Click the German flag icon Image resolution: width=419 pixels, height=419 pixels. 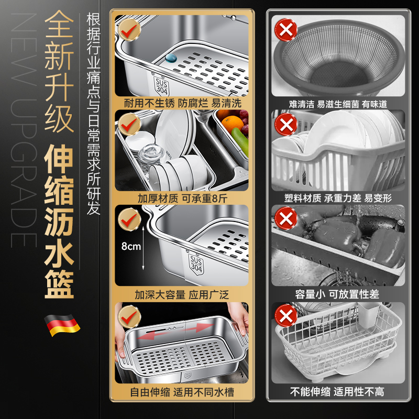pos(62,325)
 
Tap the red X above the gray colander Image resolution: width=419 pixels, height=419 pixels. pos(286,30)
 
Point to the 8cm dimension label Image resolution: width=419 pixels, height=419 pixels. pos(130,246)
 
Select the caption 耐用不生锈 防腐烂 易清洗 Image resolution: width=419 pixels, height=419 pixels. pos(181,103)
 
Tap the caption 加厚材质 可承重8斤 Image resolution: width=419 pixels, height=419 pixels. pos(181,199)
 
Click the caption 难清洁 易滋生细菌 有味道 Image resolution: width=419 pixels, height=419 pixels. pos(338,104)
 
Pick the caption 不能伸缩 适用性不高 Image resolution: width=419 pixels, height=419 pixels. pos(338,391)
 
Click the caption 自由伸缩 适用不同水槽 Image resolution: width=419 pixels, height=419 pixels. pos(181,391)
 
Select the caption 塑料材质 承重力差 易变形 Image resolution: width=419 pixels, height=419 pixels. pos(338,199)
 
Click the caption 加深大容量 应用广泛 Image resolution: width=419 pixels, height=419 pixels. pos(181,295)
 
